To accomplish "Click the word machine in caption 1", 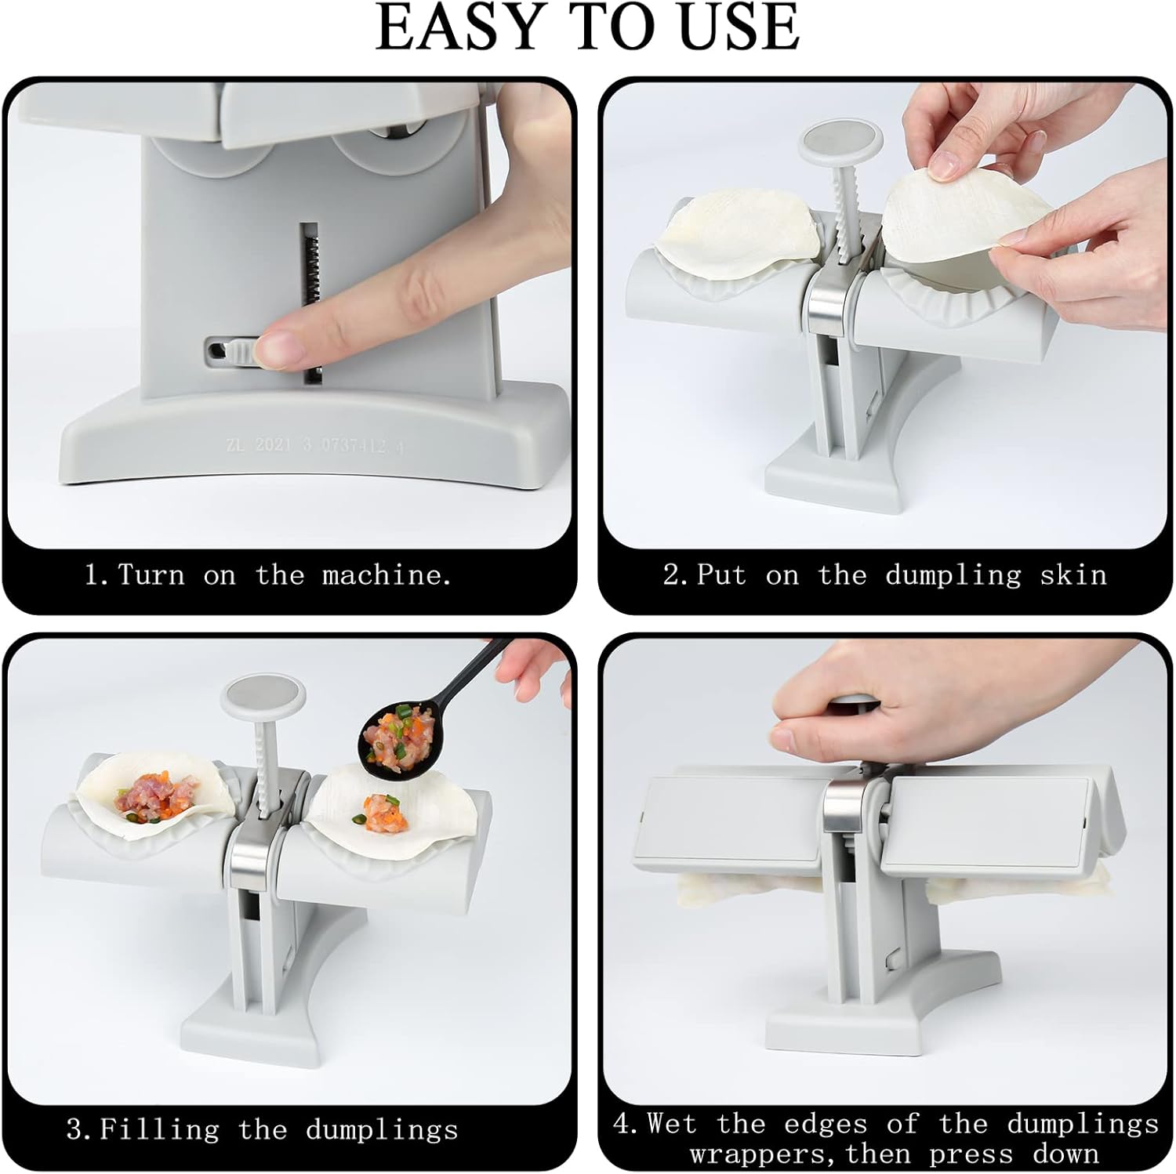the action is [x=387, y=575].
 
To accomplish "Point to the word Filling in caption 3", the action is [x=159, y=1130].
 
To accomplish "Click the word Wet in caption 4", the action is [x=672, y=1124].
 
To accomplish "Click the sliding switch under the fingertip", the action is [x=231, y=352].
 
